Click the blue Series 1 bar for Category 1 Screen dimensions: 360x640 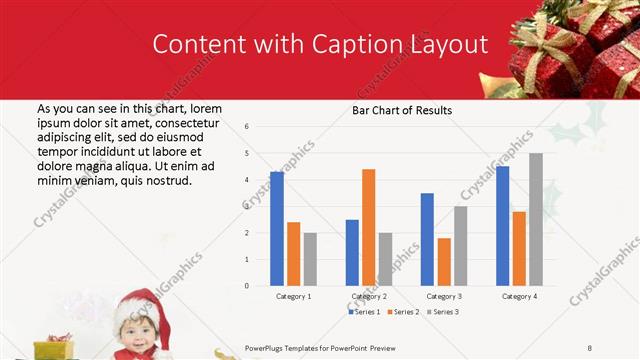pos(277,229)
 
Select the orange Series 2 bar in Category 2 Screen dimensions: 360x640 pos(368,227)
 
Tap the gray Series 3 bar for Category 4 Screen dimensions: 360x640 pos(536,219)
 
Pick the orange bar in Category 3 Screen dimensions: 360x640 pos(444,262)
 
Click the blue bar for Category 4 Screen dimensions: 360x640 pos(502,226)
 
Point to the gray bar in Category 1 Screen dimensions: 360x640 pos(310,259)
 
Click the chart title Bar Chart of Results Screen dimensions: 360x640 pos(402,110)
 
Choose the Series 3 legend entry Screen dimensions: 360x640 pos(443,312)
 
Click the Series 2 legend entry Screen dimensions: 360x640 pos(405,312)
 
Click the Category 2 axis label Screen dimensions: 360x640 pos(369,297)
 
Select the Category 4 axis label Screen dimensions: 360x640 pos(519,297)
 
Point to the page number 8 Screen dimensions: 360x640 pos(590,348)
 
